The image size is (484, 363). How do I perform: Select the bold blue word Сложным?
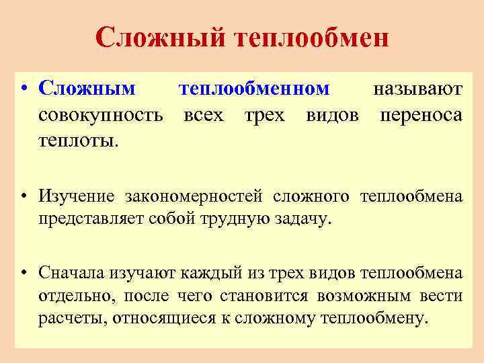coord(87,89)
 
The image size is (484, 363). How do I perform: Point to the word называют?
coord(417,89)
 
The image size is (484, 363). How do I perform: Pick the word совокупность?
coord(101,115)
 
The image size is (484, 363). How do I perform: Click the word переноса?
coord(421,115)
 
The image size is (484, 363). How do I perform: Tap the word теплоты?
coord(78,140)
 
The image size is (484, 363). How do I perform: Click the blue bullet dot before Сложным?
coord(24,89)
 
